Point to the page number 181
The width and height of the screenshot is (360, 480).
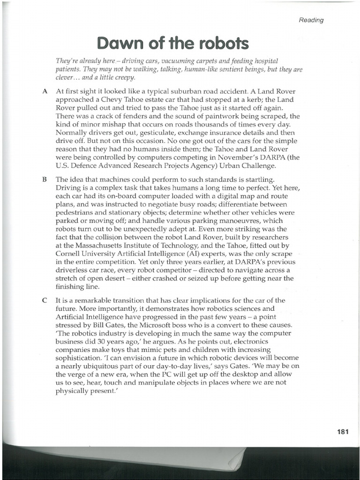tap(343, 432)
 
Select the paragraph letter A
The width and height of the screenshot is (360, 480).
tap(45, 91)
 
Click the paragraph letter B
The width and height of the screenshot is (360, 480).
tap(45, 179)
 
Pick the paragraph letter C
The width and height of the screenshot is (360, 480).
tap(45, 300)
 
